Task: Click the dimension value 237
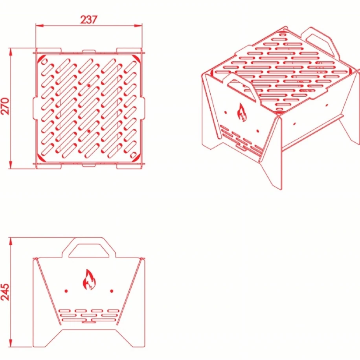[89, 20]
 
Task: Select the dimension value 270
[5, 106]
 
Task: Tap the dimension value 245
[5, 292]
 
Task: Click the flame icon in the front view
[89, 279]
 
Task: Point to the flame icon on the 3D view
[242, 112]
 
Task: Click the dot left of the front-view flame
[66, 291]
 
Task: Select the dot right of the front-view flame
[112, 291]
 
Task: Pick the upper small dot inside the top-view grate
[89, 85]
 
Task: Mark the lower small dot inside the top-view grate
[89, 131]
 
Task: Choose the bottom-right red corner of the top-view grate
[137, 158]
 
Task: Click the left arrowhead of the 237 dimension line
[39, 26]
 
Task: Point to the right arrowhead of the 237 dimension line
[138, 26]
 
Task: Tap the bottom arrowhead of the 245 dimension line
[10, 343]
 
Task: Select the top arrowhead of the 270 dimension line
[10, 52]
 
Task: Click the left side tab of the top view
[35, 108]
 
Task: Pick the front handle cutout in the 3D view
[241, 88]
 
